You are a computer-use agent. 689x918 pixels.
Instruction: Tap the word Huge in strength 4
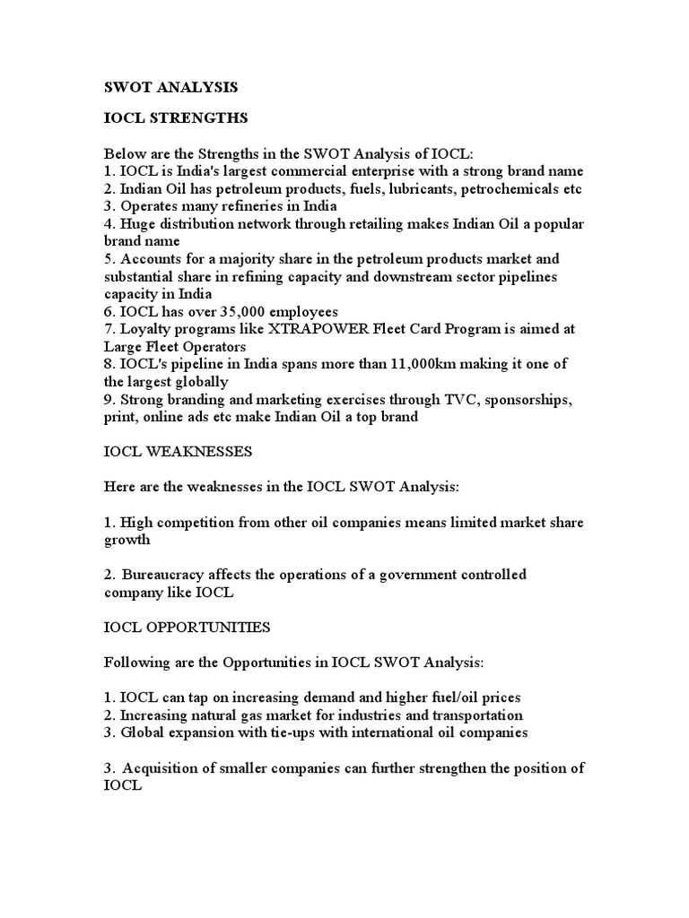(x=138, y=224)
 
